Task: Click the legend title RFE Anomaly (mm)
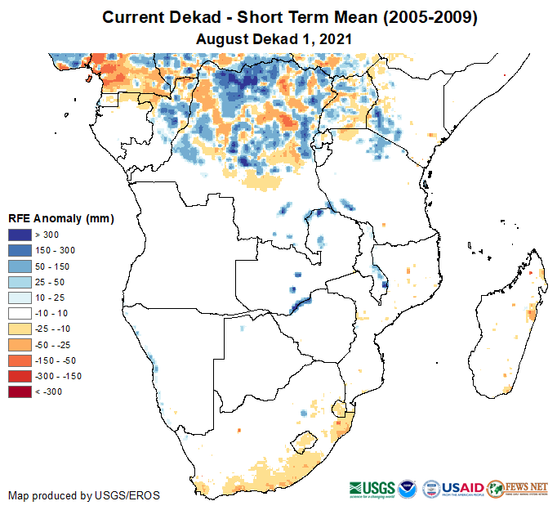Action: tap(60, 219)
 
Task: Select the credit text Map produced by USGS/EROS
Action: tap(83, 495)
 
